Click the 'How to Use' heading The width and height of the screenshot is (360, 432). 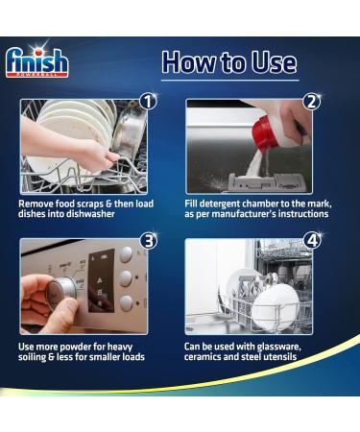228,62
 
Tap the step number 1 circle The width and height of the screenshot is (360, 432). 148,101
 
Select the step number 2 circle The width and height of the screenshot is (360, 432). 311,101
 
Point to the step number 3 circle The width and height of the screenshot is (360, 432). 148,240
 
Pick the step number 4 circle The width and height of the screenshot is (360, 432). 311,240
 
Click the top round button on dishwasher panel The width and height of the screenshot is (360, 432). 125,254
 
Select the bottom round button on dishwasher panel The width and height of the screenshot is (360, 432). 125,304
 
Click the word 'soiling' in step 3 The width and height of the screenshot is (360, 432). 39,355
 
